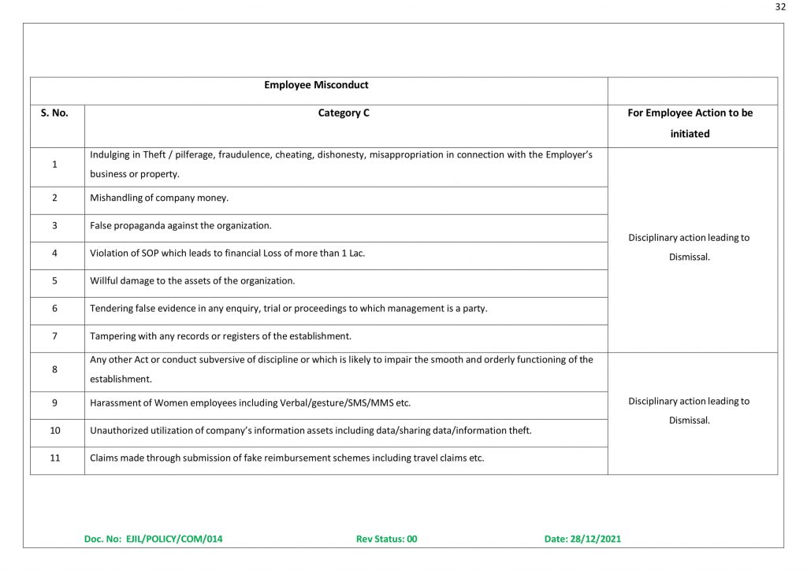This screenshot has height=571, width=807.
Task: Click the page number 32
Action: pyautogui.click(x=780, y=7)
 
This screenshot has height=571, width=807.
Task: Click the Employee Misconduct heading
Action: pyautogui.click(x=316, y=85)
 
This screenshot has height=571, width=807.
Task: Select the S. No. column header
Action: pyautogui.click(x=54, y=113)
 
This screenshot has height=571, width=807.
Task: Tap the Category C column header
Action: pyautogui.click(x=344, y=113)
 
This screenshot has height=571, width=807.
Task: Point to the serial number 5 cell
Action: pyautogui.click(x=54, y=281)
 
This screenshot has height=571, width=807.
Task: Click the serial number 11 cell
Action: pyautogui.click(x=54, y=458)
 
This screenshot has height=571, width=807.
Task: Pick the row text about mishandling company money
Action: pyautogui.click(x=159, y=198)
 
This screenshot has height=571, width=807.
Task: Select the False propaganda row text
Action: pyautogui.click(x=180, y=225)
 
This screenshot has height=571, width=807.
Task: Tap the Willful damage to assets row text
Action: pyautogui.click(x=192, y=281)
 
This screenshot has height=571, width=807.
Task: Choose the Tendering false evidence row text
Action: pyautogui.click(x=288, y=309)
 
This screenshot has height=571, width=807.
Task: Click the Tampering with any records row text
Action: pyautogui.click(x=221, y=336)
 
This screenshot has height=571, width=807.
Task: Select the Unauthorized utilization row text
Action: pyautogui.click(x=311, y=431)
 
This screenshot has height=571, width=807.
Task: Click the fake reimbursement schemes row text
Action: pyautogui.click(x=287, y=458)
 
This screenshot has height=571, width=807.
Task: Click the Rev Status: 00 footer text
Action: pyautogui.click(x=386, y=539)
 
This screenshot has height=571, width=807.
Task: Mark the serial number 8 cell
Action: pyautogui.click(x=54, y=369)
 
